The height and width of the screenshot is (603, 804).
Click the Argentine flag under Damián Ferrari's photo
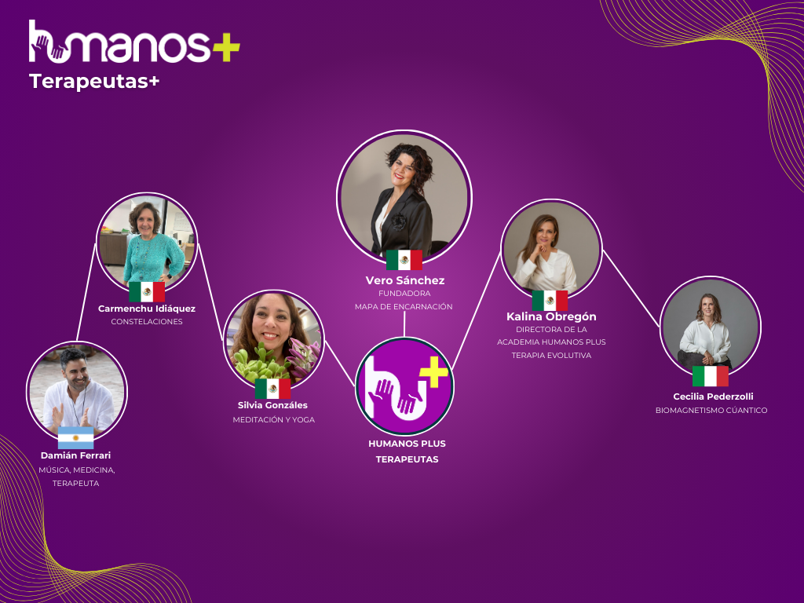76,437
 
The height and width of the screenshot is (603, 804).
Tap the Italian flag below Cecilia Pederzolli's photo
710,376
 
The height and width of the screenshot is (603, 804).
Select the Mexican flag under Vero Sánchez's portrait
404,260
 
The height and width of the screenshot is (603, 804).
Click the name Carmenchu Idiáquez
147,309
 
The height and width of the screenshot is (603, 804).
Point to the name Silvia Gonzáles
272,405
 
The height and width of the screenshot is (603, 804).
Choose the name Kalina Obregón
551,317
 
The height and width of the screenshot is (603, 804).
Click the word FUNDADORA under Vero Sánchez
404,294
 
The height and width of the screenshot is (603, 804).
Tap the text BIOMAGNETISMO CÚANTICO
711,410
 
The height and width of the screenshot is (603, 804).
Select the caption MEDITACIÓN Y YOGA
274,419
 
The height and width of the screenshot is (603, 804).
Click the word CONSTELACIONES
147,321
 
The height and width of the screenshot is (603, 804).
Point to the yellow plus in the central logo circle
434,371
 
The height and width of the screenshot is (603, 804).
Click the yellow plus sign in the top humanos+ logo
226,47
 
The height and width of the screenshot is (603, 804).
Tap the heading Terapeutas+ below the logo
94,81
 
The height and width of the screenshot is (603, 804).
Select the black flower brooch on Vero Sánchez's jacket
398,221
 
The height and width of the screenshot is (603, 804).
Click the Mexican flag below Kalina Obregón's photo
550,301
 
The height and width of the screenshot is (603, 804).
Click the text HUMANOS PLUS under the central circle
407,444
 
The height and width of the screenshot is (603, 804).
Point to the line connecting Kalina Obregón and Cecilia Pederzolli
631,289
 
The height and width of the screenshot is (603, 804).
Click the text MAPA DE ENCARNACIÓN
404,307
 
